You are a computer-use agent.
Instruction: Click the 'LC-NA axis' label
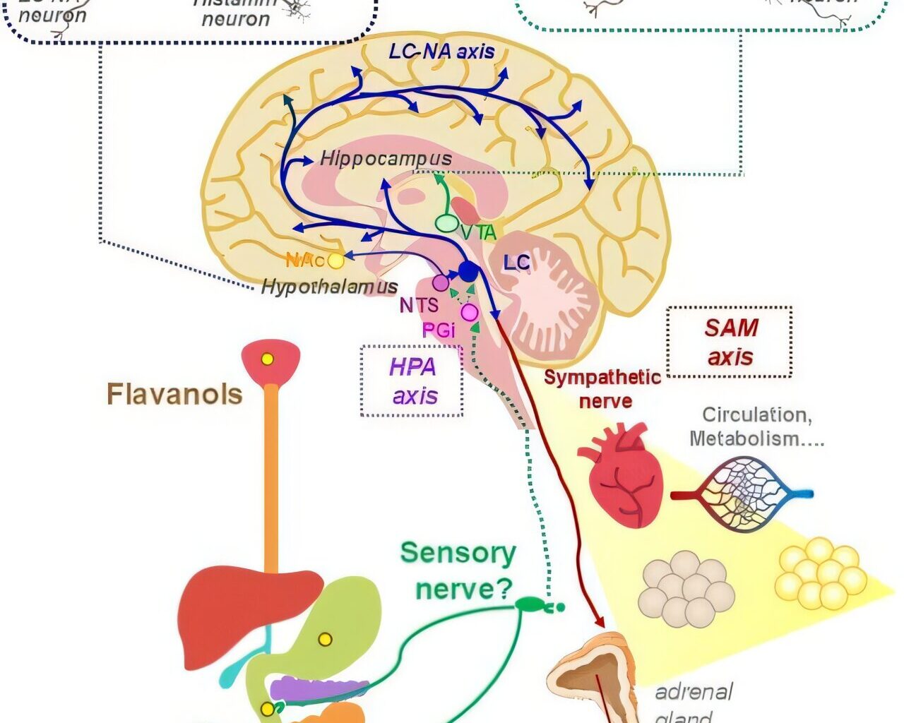pyautogui.click(x=441, y=52)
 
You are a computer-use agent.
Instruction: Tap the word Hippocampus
pyautogui.click(x=386, y=158)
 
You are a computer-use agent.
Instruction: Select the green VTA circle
pyautogui.click(x=446, y=223)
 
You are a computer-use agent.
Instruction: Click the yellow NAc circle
pyautogui.click(x=336, y=261)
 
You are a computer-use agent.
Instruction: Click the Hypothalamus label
pyautogui.click(x=329, y=287)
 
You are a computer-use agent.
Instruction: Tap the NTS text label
pyautogui.click(x=419, y=306)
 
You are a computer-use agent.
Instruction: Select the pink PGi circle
pyautogui.click(x=470, y=312)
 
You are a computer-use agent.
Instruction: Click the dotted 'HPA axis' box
pyautogui.click(x=412, y=381)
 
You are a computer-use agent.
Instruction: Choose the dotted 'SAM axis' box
pyautogui.click(x=730, y=342)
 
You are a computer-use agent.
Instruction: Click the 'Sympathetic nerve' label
pyautogui.click(x=602, y=389)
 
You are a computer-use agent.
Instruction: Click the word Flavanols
pyautogui.click(x=174, y=394)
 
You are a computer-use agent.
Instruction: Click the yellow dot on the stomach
pyautogui.click(x=325, y=640)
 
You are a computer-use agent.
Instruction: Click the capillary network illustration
pyautogui.click(x=742, y=494)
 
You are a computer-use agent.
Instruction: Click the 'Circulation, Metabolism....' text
pyautogui.click(x=756, y=426)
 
